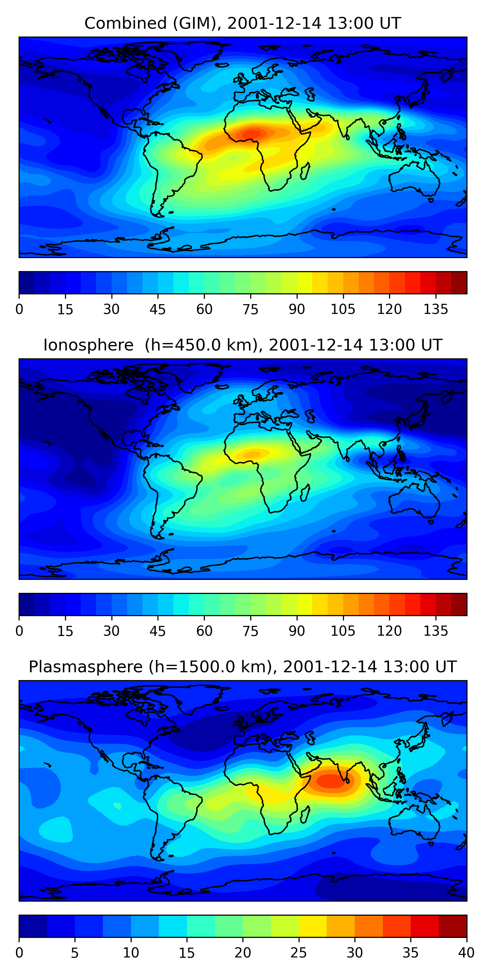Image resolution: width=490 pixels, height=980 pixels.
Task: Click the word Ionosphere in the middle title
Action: [x=88, y=345]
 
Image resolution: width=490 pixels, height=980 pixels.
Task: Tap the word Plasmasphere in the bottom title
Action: [x=86, y=667]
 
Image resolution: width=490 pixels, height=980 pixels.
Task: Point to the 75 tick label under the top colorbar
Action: [x=250, y=309]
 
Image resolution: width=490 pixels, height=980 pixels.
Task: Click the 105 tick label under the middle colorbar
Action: [x=343, y=631]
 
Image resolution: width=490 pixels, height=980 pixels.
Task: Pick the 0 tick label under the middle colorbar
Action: [x=19, y=631]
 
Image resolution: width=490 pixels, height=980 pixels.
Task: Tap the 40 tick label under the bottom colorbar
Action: [x=466, y=953]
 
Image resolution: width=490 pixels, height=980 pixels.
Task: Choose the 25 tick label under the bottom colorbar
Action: [x=299, y=953]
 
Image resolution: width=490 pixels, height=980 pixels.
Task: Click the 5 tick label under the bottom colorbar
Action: [x=74, y=953]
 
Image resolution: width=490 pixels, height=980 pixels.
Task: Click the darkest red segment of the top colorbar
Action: [x=459, y=283]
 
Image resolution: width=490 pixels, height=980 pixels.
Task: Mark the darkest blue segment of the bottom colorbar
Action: [x=33, y=926]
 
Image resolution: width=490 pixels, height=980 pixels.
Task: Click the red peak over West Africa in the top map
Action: [x=251, y=134]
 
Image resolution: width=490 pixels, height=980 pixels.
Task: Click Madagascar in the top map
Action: [x=305, y=171]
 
